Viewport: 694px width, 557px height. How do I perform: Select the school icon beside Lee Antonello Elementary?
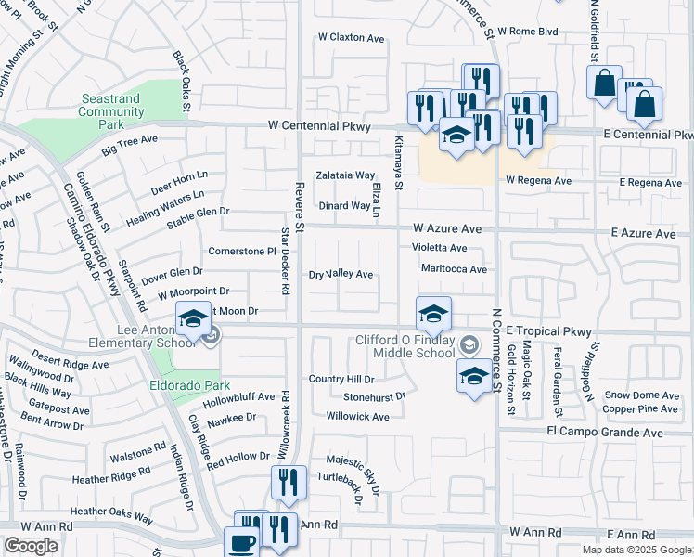point(193,320)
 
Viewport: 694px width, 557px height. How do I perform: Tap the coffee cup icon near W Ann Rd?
point(242,542)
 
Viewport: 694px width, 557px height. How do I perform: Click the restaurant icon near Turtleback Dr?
point(288,484)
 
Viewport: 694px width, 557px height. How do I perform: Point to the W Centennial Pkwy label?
point(319,125)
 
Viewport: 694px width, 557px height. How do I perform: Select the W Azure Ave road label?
point(447,227)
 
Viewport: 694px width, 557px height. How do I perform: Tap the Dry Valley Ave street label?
point(341,275)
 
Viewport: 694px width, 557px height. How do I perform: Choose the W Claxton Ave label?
point(351,38)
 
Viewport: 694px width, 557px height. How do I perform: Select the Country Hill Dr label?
point(341,380)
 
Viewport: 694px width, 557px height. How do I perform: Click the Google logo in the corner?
point(31,546)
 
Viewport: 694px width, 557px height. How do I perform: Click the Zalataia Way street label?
point(345,175)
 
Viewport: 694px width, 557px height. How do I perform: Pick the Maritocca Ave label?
point(454,269)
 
